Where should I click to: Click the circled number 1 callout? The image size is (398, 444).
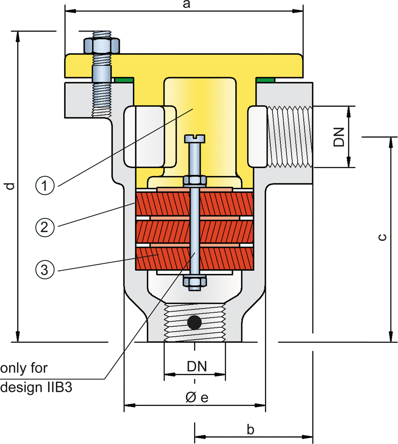[x=45, y=185]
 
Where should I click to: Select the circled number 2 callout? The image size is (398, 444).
[x=45, y=227]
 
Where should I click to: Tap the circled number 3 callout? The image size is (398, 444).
[x=45, y=269]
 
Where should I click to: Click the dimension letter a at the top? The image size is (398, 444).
[x=187, y=4]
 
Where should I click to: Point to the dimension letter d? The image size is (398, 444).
[x=10, y=186]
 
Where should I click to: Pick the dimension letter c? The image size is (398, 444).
[x=382, y=237]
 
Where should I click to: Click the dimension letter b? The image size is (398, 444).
[x=250, y=430]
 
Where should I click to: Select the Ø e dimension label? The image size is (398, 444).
[x=197, y=397]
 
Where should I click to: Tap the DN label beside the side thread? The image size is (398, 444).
[x=339, y=137]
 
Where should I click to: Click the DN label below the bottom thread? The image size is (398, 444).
[x=197, y=366]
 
